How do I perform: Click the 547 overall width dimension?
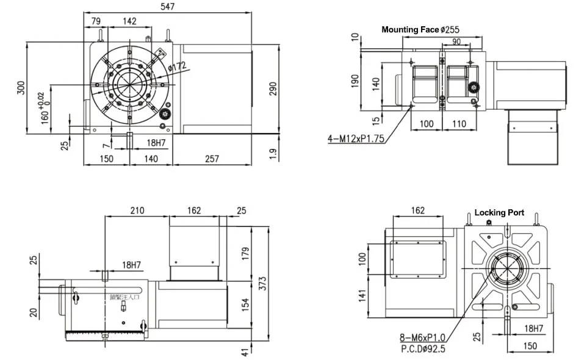(x=167, y=7)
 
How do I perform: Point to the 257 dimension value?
(x=211, y=159)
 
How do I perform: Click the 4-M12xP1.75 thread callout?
(x=356, y=139)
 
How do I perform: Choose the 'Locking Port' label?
(x=499, y=212)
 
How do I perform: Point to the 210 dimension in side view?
(x=136, y=211)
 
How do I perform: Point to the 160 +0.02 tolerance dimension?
(x=45, y=109)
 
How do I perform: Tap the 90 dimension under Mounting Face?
(x=456, y=41)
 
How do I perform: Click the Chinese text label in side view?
(x=124, y=297)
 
